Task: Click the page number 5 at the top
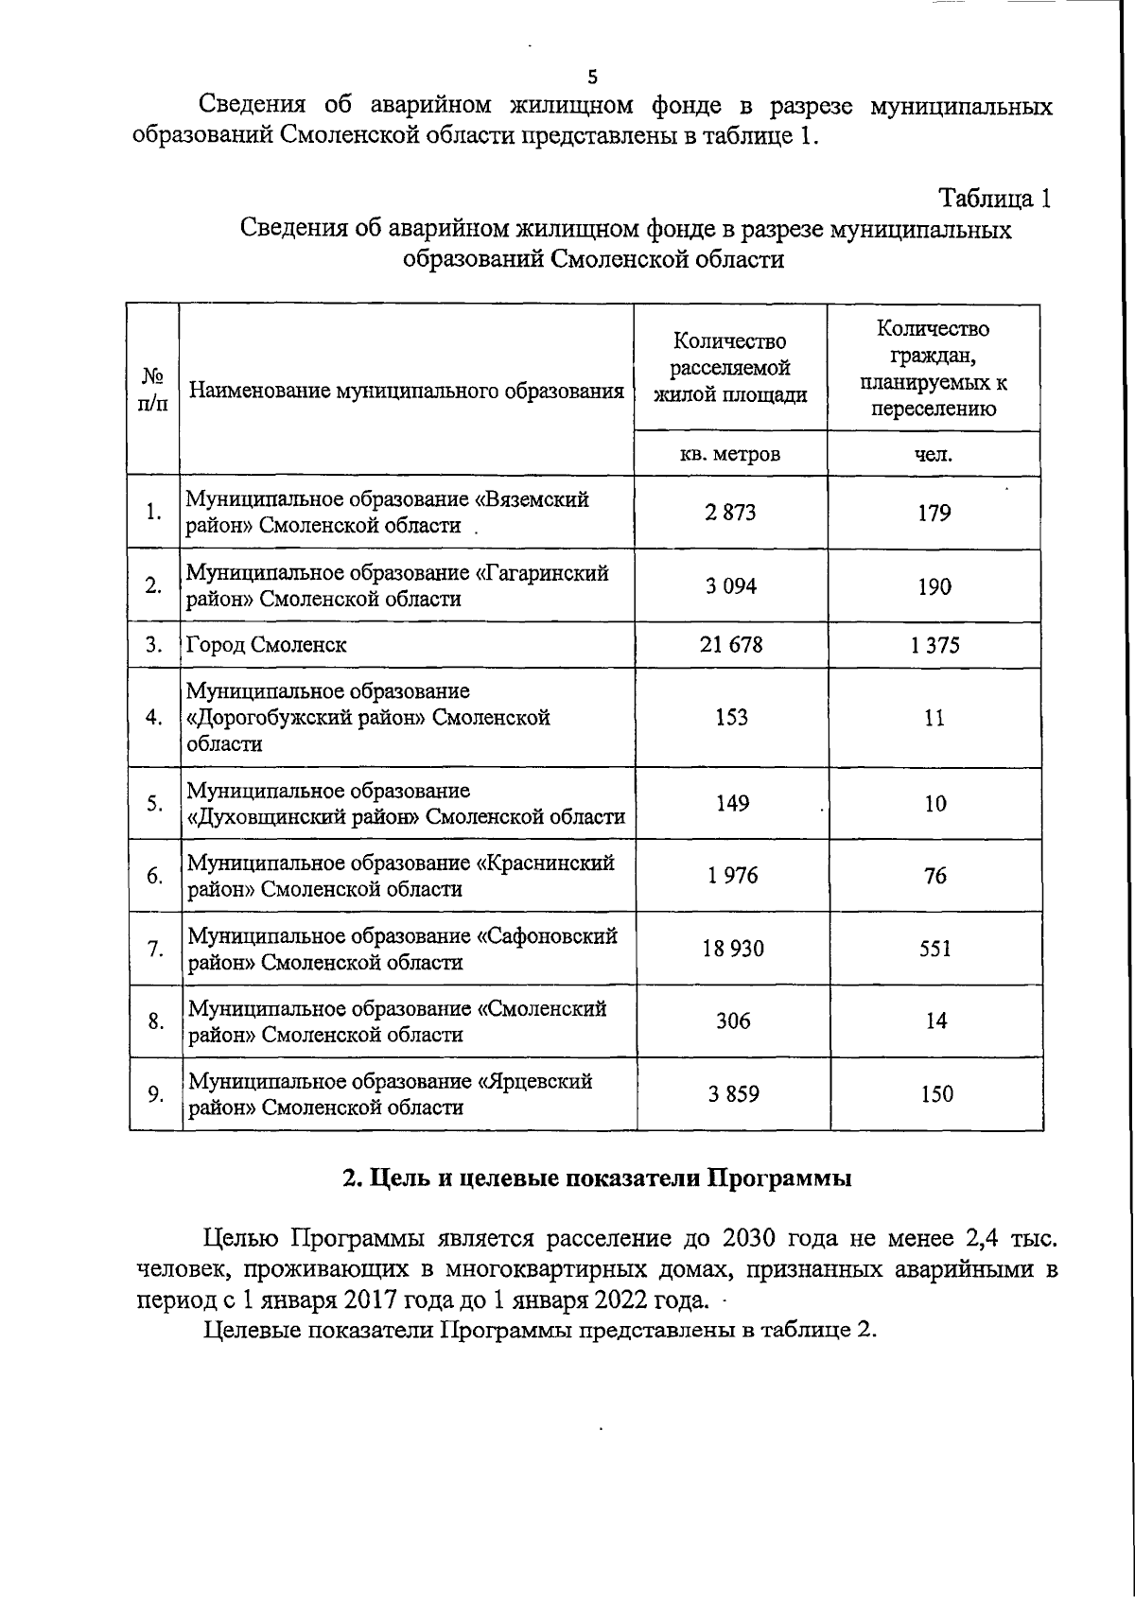click(x=592, y=78)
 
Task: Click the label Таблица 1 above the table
click(x=994, y=199)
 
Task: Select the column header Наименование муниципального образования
click(x=407, y=391)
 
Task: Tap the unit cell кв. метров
click(x=730, y=454)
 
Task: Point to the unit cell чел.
click(x=934, y=454)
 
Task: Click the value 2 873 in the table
click(x=730, y=513)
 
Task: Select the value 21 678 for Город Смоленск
click(x=730, y=645)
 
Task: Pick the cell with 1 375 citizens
click(x=934, y=645)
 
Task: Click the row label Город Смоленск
click(x=267, y=645)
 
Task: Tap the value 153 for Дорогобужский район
click(x=731, y=717)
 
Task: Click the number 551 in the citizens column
click(x=935, y=949)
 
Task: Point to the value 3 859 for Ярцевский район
click(x=733, y=1094)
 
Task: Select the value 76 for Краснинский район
click(x=935, y=876)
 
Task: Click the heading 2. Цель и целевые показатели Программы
click(x=596, y=1179)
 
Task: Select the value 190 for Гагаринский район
click(x=934, y=586)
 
